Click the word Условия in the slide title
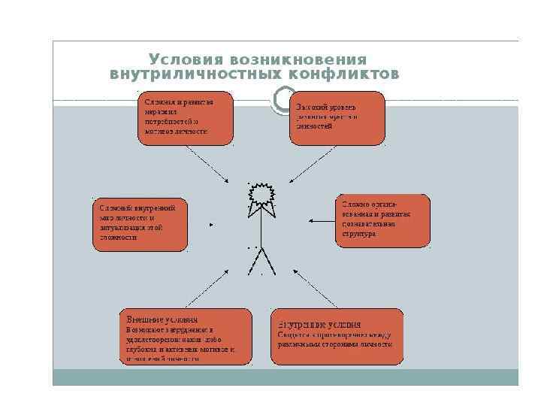click(x=176, y=59)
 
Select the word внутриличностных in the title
click(x=192, y=74)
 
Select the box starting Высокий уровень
click(x=337, y=117)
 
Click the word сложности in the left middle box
click(x=117, y=237)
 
